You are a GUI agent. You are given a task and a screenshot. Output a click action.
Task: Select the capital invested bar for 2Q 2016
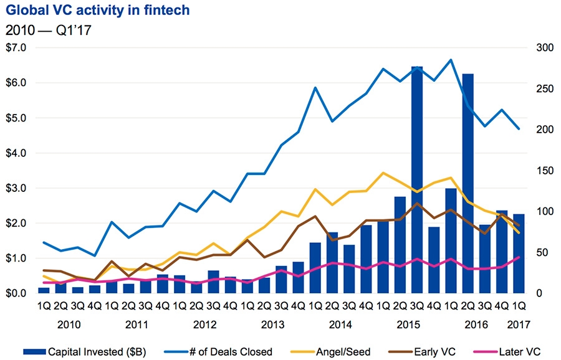(468, 183)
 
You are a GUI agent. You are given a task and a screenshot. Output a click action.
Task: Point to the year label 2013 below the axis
(273, 324)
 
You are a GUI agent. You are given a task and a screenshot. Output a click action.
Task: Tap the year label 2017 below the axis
(519, 324)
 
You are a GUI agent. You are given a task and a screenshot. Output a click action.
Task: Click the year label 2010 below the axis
(69, 324)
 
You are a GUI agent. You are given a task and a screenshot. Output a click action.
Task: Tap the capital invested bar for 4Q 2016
(502, 252)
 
